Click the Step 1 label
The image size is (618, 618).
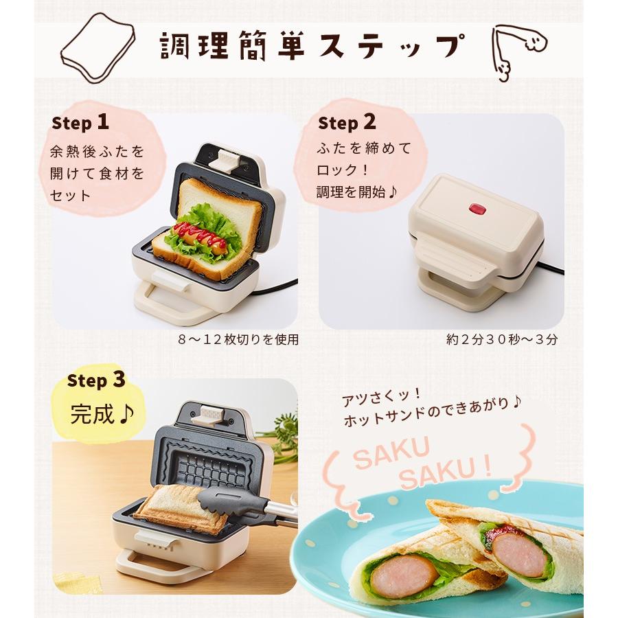pyautogui.click(x=80, y=123)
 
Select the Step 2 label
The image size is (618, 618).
pyautogui.click(x=347, y=123)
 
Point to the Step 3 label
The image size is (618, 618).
pyautogui.click(x=96, y=380)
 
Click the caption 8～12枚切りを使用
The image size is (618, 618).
pyautogui.click(x=238, y=339)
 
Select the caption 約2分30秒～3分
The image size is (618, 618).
pyautogui.click(x=501, y=339)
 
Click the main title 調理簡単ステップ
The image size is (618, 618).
pyautogui.click(x=309, y=47)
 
